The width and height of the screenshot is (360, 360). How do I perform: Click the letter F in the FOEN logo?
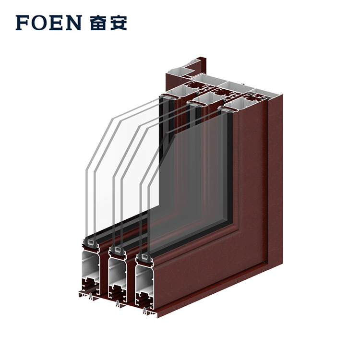(x=22, y=23)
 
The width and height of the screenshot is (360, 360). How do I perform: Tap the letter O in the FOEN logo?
(x=38, y=23)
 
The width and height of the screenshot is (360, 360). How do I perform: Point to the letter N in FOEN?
(x=73, y=23)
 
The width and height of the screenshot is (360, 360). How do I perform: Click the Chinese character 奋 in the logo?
(x=98, y=23)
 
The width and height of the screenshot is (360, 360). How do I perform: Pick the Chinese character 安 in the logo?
(x=119, y=23)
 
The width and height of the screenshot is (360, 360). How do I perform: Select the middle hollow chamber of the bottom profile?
(x=118, y=272)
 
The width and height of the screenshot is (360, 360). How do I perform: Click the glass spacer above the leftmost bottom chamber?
(x=91, y=241)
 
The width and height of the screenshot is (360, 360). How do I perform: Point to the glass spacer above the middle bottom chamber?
(x=118, y=249)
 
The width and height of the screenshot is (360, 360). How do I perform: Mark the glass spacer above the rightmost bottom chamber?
(x=144, y=256)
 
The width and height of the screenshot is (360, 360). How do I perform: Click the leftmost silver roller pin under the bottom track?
(x=91, y=297)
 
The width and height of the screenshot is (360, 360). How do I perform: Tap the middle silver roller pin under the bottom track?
(x=118, y=303)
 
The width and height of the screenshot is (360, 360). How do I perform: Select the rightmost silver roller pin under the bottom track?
(x=145, y=311)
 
